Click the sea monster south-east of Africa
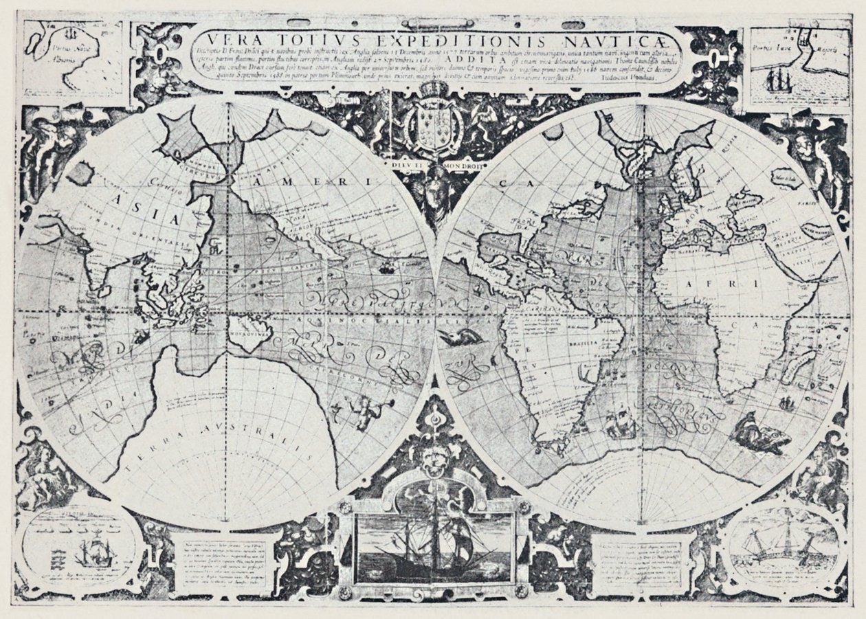759,434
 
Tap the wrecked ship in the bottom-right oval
784,550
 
